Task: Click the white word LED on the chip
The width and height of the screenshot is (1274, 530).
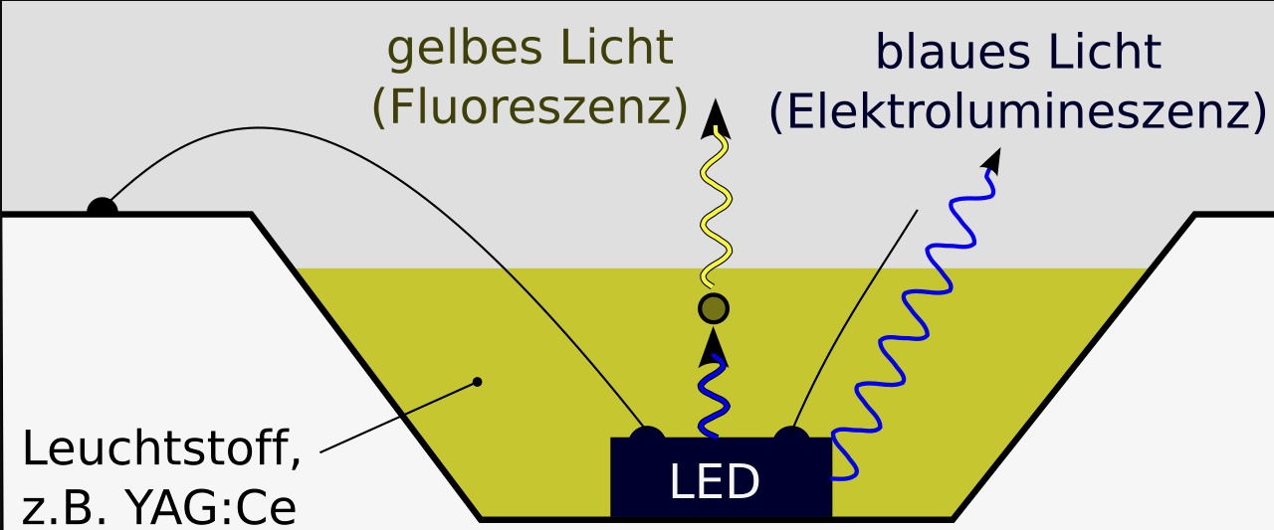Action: coord(715,482)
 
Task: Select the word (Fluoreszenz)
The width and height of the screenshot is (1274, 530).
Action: coord(530,107)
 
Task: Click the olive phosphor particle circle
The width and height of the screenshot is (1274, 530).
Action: coord(714,309)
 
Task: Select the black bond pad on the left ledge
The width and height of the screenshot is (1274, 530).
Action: coord(102,207)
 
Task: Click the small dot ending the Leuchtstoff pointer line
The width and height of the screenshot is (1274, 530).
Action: coord(478,382)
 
